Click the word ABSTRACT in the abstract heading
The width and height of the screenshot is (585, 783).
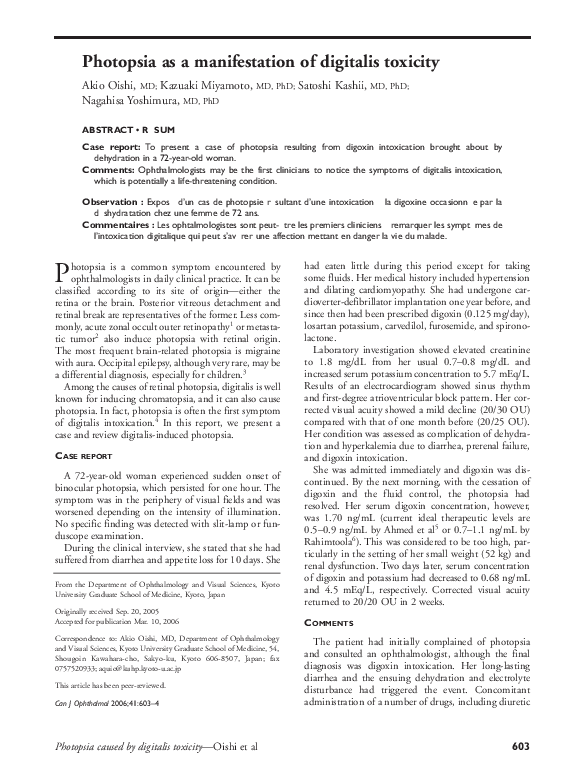[109, 131]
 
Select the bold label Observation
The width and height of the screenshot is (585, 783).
[109, 202]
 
